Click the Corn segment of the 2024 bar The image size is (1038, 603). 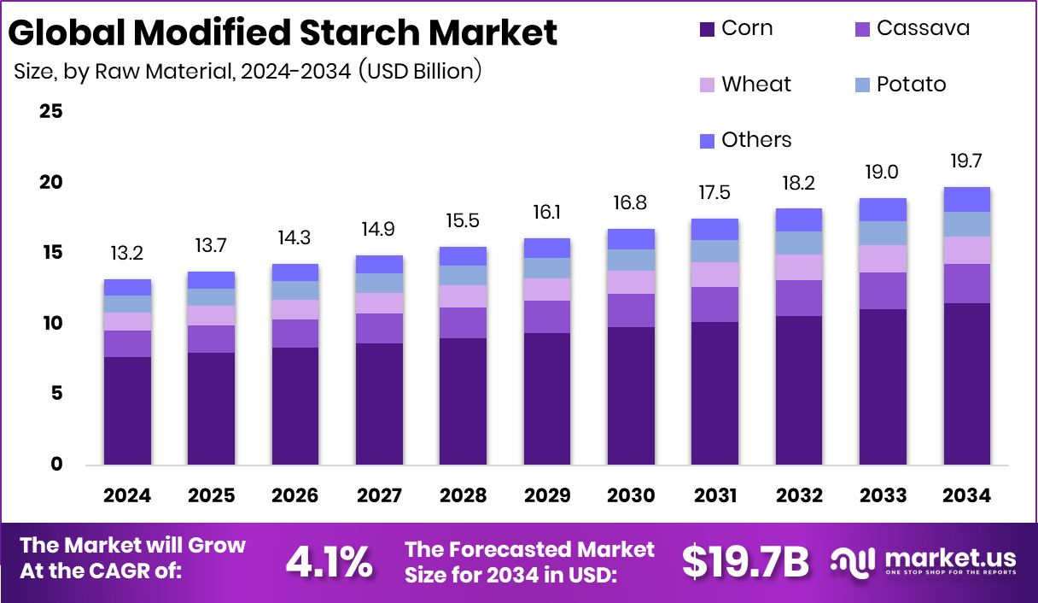(x=127, y=410)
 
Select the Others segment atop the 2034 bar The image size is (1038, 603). (x=966, y=199)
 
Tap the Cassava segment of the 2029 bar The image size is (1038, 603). (x=547, y=316)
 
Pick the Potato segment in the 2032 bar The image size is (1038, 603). (x=799, y=243)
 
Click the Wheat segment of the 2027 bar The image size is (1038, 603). (x=379, y=303)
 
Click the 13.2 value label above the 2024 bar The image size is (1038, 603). (x=127, y=253)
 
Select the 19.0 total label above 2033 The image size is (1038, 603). (x=883, y=172)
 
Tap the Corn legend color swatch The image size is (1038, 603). (x=707, y=29)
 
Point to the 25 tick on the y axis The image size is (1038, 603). (x=51, y=112)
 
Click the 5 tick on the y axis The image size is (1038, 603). (x=56, y=394)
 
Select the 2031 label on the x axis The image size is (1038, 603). (x=715, y=495)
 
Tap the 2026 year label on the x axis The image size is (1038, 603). (x=295, y=495)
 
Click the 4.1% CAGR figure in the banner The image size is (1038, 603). (x=329, y=561)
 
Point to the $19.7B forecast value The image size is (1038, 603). (x=745, y=561)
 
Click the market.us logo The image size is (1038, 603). (x=924, y=561)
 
